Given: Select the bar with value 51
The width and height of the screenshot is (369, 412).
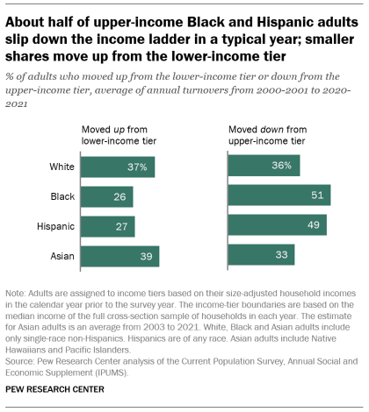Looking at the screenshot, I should [279, 195].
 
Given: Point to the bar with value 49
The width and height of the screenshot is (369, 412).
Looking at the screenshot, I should [277, 225].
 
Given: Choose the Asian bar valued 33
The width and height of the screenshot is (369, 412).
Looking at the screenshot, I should [261, 255].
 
